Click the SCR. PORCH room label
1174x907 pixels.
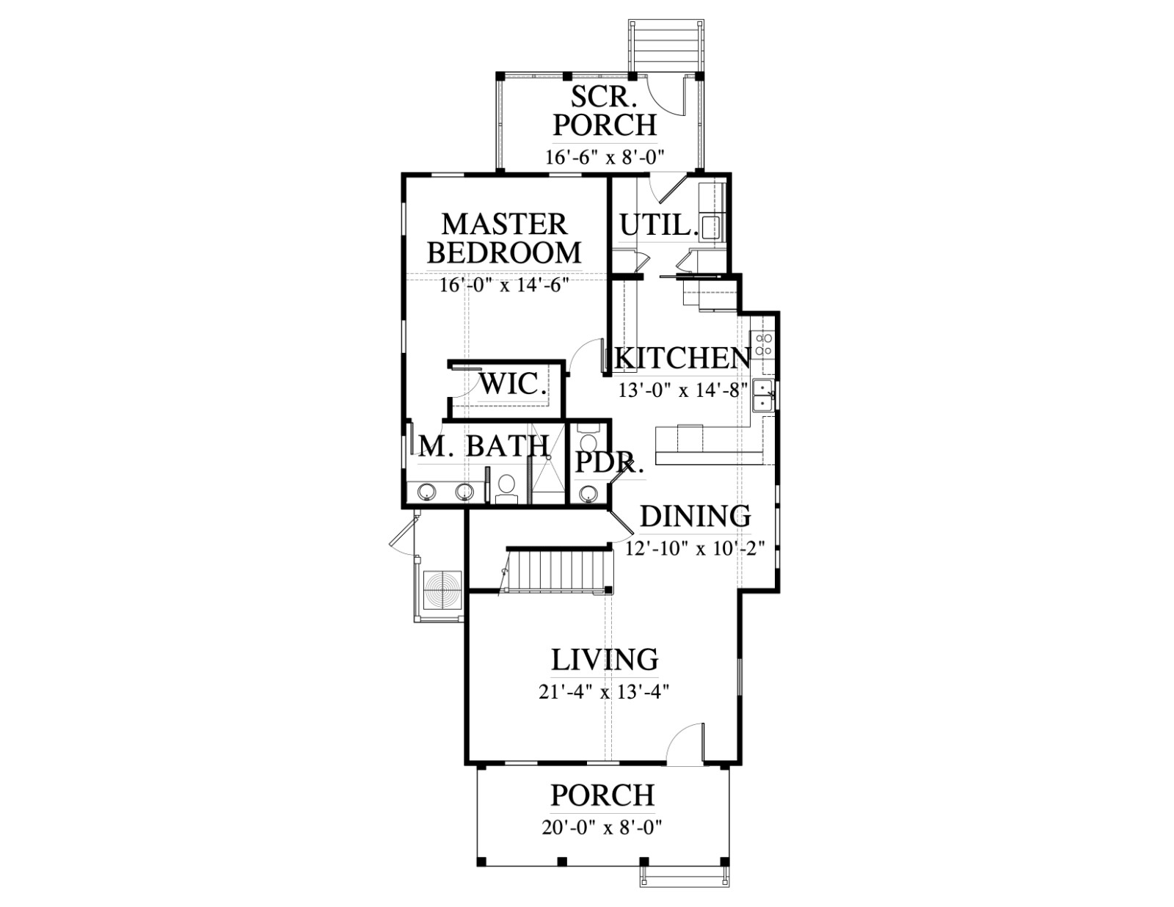[605, 111]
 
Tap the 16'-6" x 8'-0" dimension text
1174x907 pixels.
[604, 157]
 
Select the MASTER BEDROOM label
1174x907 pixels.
[504, 238]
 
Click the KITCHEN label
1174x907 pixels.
[683, 358]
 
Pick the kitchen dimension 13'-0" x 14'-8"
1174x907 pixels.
[683, 390]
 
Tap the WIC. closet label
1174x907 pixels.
[513, 385]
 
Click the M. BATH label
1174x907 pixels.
[484, 447]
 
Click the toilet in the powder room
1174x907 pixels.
[588, 438]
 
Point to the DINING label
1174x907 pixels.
[696, 517]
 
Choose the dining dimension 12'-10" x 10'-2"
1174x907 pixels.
[696, 549]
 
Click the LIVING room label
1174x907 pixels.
[605, 660]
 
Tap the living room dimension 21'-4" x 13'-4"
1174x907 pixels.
[604, 692]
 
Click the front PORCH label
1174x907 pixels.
[603, 795]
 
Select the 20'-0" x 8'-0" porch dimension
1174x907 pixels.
[602, 828]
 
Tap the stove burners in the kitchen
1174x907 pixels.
[763, 344]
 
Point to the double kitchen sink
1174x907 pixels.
[763, 396]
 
